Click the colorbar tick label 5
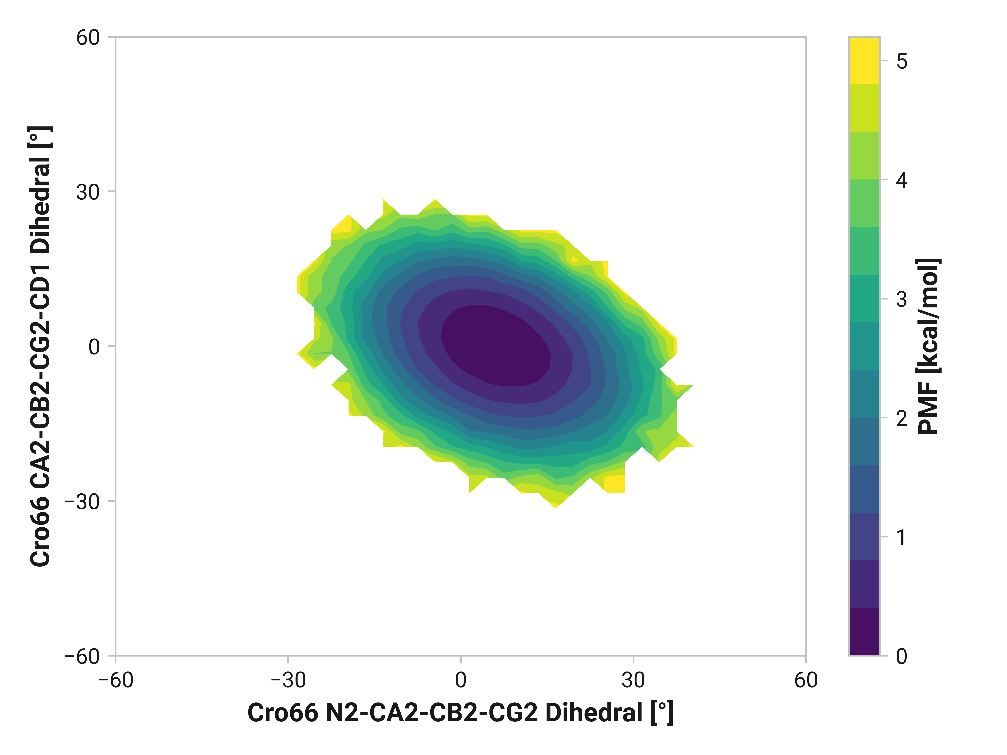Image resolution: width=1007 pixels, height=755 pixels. click(901, 61)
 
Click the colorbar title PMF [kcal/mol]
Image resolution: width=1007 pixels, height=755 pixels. click(928, 346)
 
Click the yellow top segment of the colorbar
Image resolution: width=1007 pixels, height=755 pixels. click(864, 61)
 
